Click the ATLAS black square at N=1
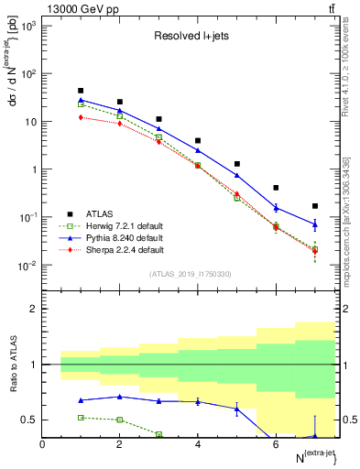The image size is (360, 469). point(82,91)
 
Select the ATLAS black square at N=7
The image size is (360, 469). point(315,206)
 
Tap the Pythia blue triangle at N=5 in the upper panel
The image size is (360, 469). point(237,175)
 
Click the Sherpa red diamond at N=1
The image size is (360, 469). point(82,117)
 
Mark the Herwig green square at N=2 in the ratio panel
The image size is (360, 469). point(120,420)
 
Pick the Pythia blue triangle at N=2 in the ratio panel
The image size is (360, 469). point(120,397)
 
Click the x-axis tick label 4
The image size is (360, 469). point(198,445)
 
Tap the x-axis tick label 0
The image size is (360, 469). point(43,445)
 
